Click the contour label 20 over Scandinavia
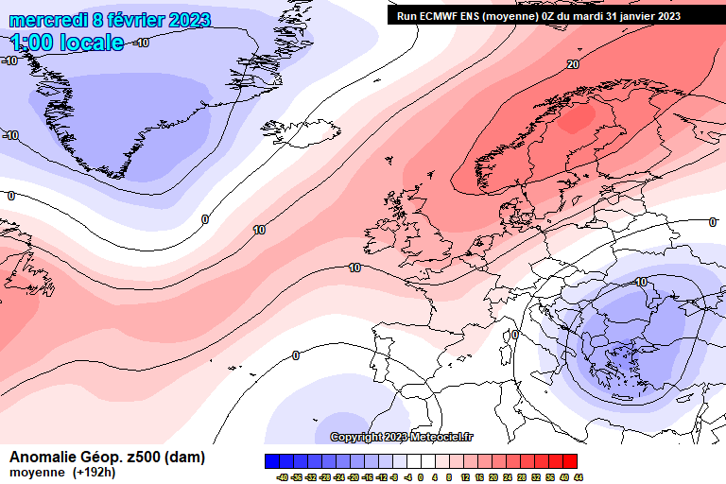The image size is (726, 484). pyautogui.click(x=573, y=64)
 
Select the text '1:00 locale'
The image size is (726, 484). pyautogui.click(x=67, y=43)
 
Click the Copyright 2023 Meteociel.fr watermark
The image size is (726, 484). pyautogui.click(x=402, y=437)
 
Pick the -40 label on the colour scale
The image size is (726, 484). pyautogui.click(x=282, y=477)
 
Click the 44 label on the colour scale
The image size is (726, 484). pyautogui.click(x=578, y=477)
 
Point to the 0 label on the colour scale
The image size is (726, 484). pyautogui.click(x=422, y=477)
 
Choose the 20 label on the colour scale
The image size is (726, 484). pyautogui.click(x=493, y=477)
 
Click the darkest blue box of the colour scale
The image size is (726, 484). pyautogui.click(x=274, y=461)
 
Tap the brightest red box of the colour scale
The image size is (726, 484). pyautogui.click(x=570, y=461)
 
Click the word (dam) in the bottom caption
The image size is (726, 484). pyautogui.click(x=186, y=458)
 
